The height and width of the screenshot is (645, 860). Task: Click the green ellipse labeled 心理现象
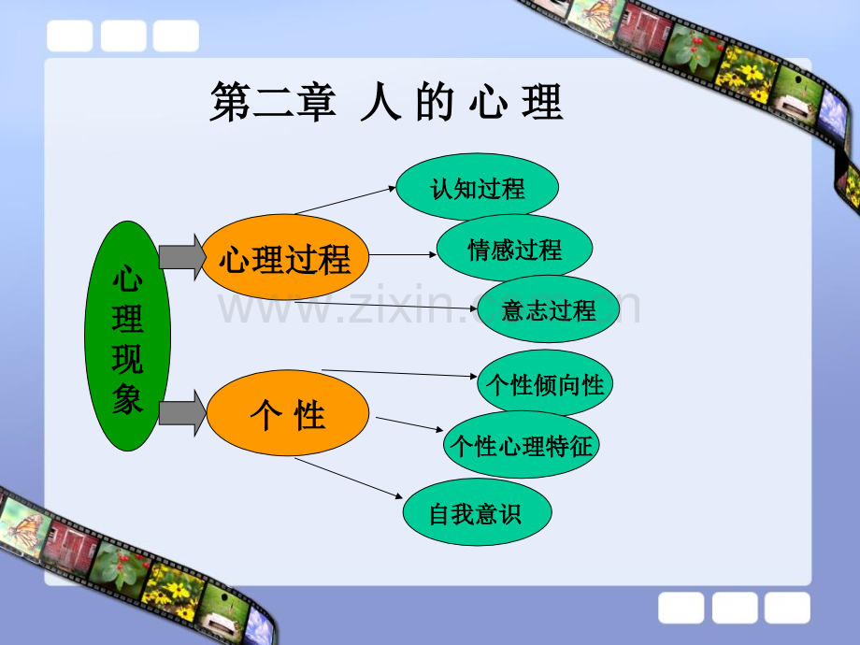(127, 337)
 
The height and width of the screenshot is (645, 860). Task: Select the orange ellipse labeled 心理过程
(285, 257)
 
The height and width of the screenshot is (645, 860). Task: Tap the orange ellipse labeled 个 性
(287, 413)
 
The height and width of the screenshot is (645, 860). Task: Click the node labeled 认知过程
(477, 187)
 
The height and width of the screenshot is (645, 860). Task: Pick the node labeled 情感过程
(514, 248)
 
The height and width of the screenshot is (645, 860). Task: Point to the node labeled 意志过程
(549, 308)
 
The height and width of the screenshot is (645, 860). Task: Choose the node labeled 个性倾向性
(545, 383)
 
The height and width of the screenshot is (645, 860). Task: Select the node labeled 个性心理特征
(521, 444)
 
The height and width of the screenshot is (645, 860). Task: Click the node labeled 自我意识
(477, 512)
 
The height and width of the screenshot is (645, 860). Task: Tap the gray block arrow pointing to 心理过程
(182, 257)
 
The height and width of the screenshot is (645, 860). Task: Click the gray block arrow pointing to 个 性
(182, 413)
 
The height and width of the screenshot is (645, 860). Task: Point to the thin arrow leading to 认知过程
(346, 200)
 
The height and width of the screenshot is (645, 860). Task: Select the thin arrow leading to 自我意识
(349, 478)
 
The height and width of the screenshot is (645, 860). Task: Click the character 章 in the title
(317, 102)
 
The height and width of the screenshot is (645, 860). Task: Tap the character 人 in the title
(380, 102)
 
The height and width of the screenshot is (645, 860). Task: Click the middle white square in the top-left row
(123, 36)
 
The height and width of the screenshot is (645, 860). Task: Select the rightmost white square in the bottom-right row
(788, 608)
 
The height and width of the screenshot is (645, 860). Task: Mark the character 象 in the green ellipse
(127, 399)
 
